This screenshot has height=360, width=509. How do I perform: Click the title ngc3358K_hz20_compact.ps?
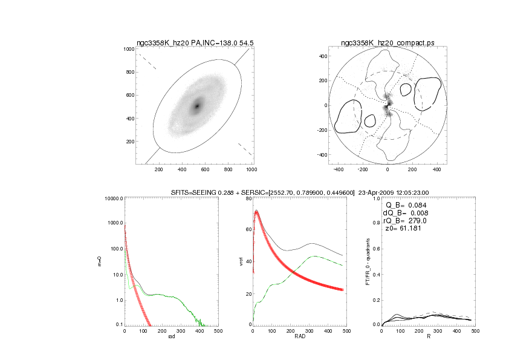pyautogui.click(x=387, y=43)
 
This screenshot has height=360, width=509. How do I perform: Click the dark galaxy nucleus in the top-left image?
pyautogui.click(x=196, y=106)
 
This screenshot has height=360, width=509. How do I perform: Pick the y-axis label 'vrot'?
pyautogui.click(x=242, y=262)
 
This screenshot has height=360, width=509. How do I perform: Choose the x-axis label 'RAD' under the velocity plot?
pyautogui.click(x=299, y=337)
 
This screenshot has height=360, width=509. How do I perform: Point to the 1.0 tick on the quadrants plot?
pyautogui.click(x=375, y=199)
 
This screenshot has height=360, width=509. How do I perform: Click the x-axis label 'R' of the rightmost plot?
pyautogui.click(x=428, y=337)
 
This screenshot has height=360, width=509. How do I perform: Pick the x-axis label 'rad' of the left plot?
pyautogui.click(x=171, y=337)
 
